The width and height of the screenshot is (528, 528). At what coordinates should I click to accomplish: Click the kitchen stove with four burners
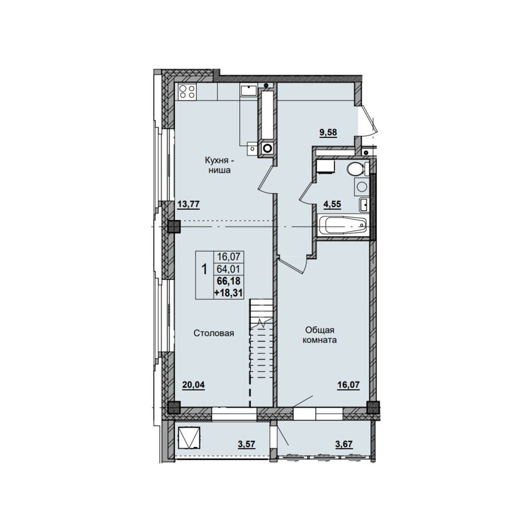click(x=187, y=91)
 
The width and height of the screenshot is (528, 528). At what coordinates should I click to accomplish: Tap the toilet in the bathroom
click(x=356, y=168)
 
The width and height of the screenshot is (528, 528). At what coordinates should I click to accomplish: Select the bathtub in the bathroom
click(x=342, y=225)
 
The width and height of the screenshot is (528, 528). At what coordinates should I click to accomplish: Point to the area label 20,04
click(x=193, y=384)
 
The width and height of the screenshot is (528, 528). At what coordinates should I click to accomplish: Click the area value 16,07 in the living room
click(x=349, y=384)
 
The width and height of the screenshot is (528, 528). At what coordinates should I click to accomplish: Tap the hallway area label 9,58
click(x=328, y=132)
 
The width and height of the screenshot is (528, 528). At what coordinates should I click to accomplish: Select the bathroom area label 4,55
click(x=332, y=204)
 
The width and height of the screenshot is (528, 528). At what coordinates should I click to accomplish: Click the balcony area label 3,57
click(x=247, y=444)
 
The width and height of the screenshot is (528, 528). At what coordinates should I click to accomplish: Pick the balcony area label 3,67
click(x=344, y=444)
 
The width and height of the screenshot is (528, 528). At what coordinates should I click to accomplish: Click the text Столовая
click(x=214, y=333)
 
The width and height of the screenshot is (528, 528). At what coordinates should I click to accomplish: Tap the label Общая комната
click(x=320, y=335)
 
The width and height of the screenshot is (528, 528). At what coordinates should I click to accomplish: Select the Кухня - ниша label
click(x=217, y=165)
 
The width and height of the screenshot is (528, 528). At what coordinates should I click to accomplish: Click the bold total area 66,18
click(x=229, y=281)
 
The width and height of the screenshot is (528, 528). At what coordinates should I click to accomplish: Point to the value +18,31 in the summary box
click(x=228, y=293)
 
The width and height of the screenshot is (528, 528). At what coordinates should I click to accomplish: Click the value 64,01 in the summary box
click(x=229, y=269)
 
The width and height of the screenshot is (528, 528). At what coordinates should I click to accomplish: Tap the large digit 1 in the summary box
click(x=204, y=269)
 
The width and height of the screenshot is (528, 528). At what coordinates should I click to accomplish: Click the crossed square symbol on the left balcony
click(x=189, y=438)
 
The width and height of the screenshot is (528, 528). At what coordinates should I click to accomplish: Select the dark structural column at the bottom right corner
click(x=373, y=408)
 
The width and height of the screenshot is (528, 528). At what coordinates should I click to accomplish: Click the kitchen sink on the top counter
click(x=249, y=91)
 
